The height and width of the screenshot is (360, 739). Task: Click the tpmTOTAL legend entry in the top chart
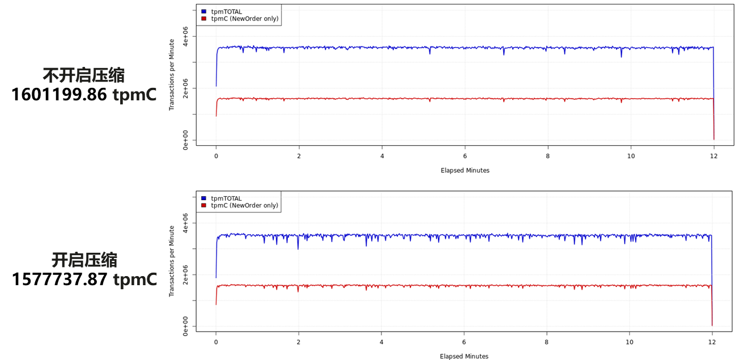click(x=226, y=12)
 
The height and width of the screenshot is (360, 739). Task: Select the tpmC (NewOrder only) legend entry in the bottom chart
click(x=244, y=205)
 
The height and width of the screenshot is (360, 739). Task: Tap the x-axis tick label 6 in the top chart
click(x=465, y=156)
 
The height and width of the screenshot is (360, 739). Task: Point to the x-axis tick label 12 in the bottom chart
click(x=712, y=343)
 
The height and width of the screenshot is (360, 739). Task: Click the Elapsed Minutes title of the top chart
click(x=465, y=170)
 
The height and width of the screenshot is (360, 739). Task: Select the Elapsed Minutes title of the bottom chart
click(x=464, y=357)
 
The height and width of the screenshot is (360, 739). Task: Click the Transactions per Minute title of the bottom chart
click(x=172, y=261)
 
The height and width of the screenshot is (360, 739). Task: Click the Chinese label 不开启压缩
click(x=84, y=75)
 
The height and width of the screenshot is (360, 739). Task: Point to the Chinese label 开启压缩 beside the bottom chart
click(x=84, y=260)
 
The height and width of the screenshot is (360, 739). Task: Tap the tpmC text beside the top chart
click(x=134, y=95)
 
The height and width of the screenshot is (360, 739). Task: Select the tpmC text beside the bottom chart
click(x=134, y=279)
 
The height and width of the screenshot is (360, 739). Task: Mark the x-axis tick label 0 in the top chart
click(x=216, y=156)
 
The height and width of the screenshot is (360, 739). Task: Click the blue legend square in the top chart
click(x=204, y=12)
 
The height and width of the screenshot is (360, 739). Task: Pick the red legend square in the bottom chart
click(x=204, y=205)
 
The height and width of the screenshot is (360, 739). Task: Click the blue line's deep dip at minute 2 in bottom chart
click(x=298, y=247)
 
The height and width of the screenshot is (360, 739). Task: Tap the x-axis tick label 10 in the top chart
click(x=631, y=156)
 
